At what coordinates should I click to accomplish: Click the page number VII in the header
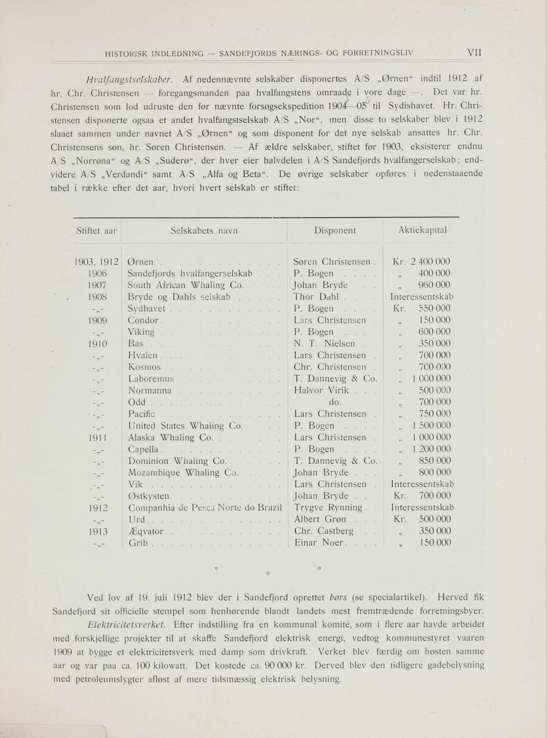(474, 53)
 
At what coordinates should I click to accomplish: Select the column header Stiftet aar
(96, 231)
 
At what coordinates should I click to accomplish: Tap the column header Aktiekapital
(422, 230)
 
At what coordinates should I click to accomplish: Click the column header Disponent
(335, 231)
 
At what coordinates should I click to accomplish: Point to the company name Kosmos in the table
(144, 367)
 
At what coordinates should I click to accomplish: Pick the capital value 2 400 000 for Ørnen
(430, 262)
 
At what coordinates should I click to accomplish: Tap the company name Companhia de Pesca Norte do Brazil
(205, 508)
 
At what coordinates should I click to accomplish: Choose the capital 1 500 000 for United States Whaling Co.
(431, 426)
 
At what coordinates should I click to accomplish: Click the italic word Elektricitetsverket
(127, 625)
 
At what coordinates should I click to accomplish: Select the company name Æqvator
(146, 531)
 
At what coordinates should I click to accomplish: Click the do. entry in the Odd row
(335, 402)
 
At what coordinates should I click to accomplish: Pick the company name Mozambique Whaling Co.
(183, 472)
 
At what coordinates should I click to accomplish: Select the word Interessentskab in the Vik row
(422, 484)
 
